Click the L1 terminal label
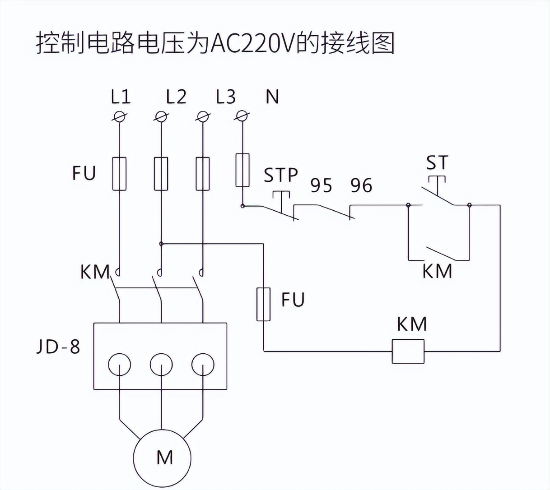121,97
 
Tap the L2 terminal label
176,97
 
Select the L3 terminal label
226,97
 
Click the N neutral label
272,97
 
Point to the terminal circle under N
242,116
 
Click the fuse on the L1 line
119,174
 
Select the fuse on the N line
242,170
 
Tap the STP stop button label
281,175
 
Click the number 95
321,185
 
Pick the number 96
361,185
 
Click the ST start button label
437,162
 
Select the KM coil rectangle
408,351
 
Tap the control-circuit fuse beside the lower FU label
264,305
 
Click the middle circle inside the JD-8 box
161,365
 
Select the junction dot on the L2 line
161,244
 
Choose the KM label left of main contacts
95,272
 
